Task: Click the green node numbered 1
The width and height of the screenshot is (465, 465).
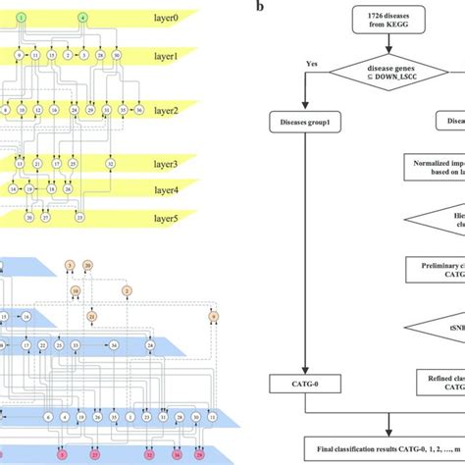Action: click(x=22, y=19)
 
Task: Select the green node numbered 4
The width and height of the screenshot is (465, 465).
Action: click(x=82, y=19)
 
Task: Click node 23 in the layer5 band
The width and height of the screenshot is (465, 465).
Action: click(x=80, y=217)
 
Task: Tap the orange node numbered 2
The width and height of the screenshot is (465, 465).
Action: click(x=127, y=291)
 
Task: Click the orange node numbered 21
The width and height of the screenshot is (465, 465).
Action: click(x=92, y=317)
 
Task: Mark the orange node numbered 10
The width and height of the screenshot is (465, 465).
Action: click(x=76, y=291)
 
